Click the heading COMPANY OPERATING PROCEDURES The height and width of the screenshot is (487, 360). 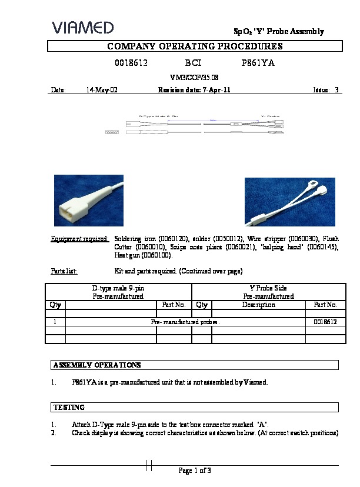pos(195,46)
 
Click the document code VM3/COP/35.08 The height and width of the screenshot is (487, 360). pos(194,77)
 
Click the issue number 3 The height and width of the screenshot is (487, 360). pos(336,90)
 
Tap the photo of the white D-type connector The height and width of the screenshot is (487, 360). pos(89,200)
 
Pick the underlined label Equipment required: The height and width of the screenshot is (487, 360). pos(80,239)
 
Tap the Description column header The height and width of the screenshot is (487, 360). pos(258,305)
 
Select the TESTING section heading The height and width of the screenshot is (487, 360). pos(69,407)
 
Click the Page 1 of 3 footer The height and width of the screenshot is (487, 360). pos(195,470)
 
